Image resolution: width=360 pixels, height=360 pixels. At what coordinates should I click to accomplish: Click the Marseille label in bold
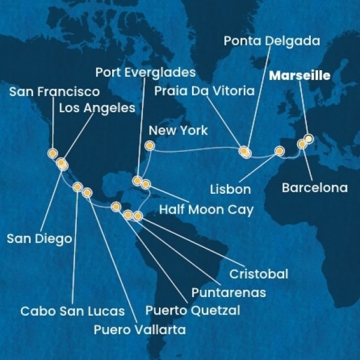pyautogui.click(x=300, y=76)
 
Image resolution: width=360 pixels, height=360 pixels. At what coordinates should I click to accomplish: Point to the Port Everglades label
pyautogui.click(x=145, y=73)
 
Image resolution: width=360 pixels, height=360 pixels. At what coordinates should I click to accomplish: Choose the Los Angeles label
pyautogui.click(x=97, y=109)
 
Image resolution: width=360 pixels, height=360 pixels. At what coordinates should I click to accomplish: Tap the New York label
pyautogui.click(x=178, y=130)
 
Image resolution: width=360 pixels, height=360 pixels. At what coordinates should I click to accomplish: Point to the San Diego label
pyautogui.click(x=39, y=238)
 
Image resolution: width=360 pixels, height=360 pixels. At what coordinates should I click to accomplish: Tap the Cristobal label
pyautogui.click(x=259, y=274)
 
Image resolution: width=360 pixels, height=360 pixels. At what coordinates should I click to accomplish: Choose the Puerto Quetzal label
pyautogui.click(x=193, y=310)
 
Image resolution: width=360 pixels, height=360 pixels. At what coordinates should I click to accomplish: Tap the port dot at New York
pyautogui.click(x=149, y=146)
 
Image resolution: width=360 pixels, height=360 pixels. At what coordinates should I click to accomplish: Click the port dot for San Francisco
pyautogui.click(x=52, y=153)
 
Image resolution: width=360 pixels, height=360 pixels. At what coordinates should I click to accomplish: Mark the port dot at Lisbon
pyautogui.click(x=279, y=151)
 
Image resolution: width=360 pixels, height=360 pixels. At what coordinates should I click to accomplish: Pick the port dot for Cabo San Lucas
pyautogui.click(x=77, y=187)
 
